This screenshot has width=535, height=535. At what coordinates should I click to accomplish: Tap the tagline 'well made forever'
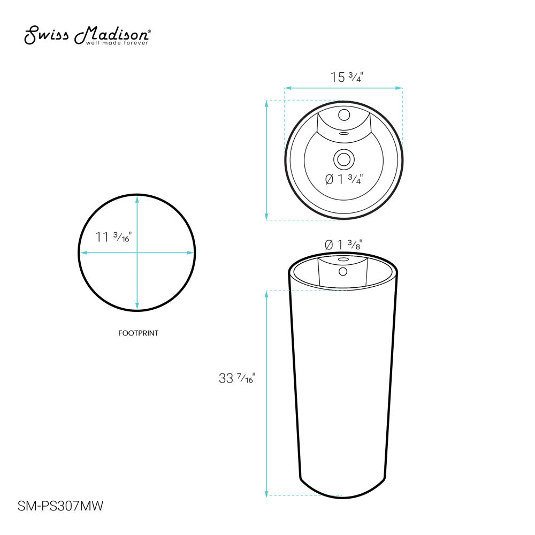pyautogui.click(x=117, y=43)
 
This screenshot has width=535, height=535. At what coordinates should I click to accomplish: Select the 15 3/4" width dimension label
pyautogui.click(x=347, y=77)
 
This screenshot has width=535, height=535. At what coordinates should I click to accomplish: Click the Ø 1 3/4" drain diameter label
pyautogui.click(x=344, y=180)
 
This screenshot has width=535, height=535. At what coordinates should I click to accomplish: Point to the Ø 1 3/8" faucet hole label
pyautogui.click(x=343, y=244)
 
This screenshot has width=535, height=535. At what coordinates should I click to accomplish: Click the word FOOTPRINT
pyautogui.click(x=138, y=333)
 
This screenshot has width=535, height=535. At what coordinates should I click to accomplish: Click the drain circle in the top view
pyautogui.click(x=343, y=159)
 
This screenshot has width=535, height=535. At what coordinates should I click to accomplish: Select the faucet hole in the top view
pyautogui.click(x=344, y=114)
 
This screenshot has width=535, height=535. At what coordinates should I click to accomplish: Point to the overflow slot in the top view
pyautogui.click(x=344, y=133)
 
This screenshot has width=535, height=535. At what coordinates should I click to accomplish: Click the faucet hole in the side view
pyautogui.click(x=343, y=271)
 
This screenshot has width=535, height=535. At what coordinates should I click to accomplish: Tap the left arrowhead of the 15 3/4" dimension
pyautogui.click(x=286, y=87)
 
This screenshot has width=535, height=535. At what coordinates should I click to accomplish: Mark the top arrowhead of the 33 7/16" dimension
pyautogui.click(x=266, y=293)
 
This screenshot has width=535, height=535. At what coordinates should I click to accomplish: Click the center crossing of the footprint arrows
pyautogui.click(x=137, y=253)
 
